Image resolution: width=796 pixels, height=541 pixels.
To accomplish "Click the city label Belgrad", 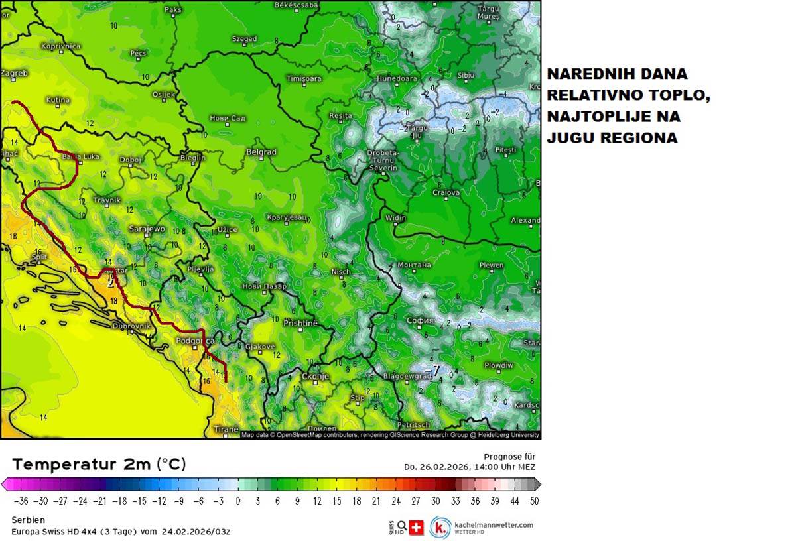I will coord(261,152).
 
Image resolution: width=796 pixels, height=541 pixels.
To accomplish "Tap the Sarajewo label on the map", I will coord(147,229).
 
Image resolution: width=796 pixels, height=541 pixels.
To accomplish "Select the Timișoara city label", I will coord(303,78).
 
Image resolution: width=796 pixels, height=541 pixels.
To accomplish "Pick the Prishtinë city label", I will coord(300,323).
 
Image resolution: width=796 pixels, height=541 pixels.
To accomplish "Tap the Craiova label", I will coord(446,192).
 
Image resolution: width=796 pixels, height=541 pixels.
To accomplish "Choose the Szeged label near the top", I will coord(244,39).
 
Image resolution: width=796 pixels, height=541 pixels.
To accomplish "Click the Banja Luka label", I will coord(81,157).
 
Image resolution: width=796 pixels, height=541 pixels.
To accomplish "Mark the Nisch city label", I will coord(340,272).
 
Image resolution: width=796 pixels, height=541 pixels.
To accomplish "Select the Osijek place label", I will coord(163,94).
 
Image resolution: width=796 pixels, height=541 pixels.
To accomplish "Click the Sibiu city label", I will coord(466,76).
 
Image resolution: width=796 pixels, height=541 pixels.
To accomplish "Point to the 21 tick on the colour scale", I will coord(377,501).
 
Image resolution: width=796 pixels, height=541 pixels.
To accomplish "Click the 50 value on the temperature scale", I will coord(534,501).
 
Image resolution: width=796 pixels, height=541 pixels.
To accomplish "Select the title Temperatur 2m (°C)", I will coord(99,464).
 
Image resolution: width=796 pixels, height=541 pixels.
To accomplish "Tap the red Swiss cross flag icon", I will coord(417,528).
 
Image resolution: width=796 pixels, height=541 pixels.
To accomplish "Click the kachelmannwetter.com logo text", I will coord(494,524).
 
